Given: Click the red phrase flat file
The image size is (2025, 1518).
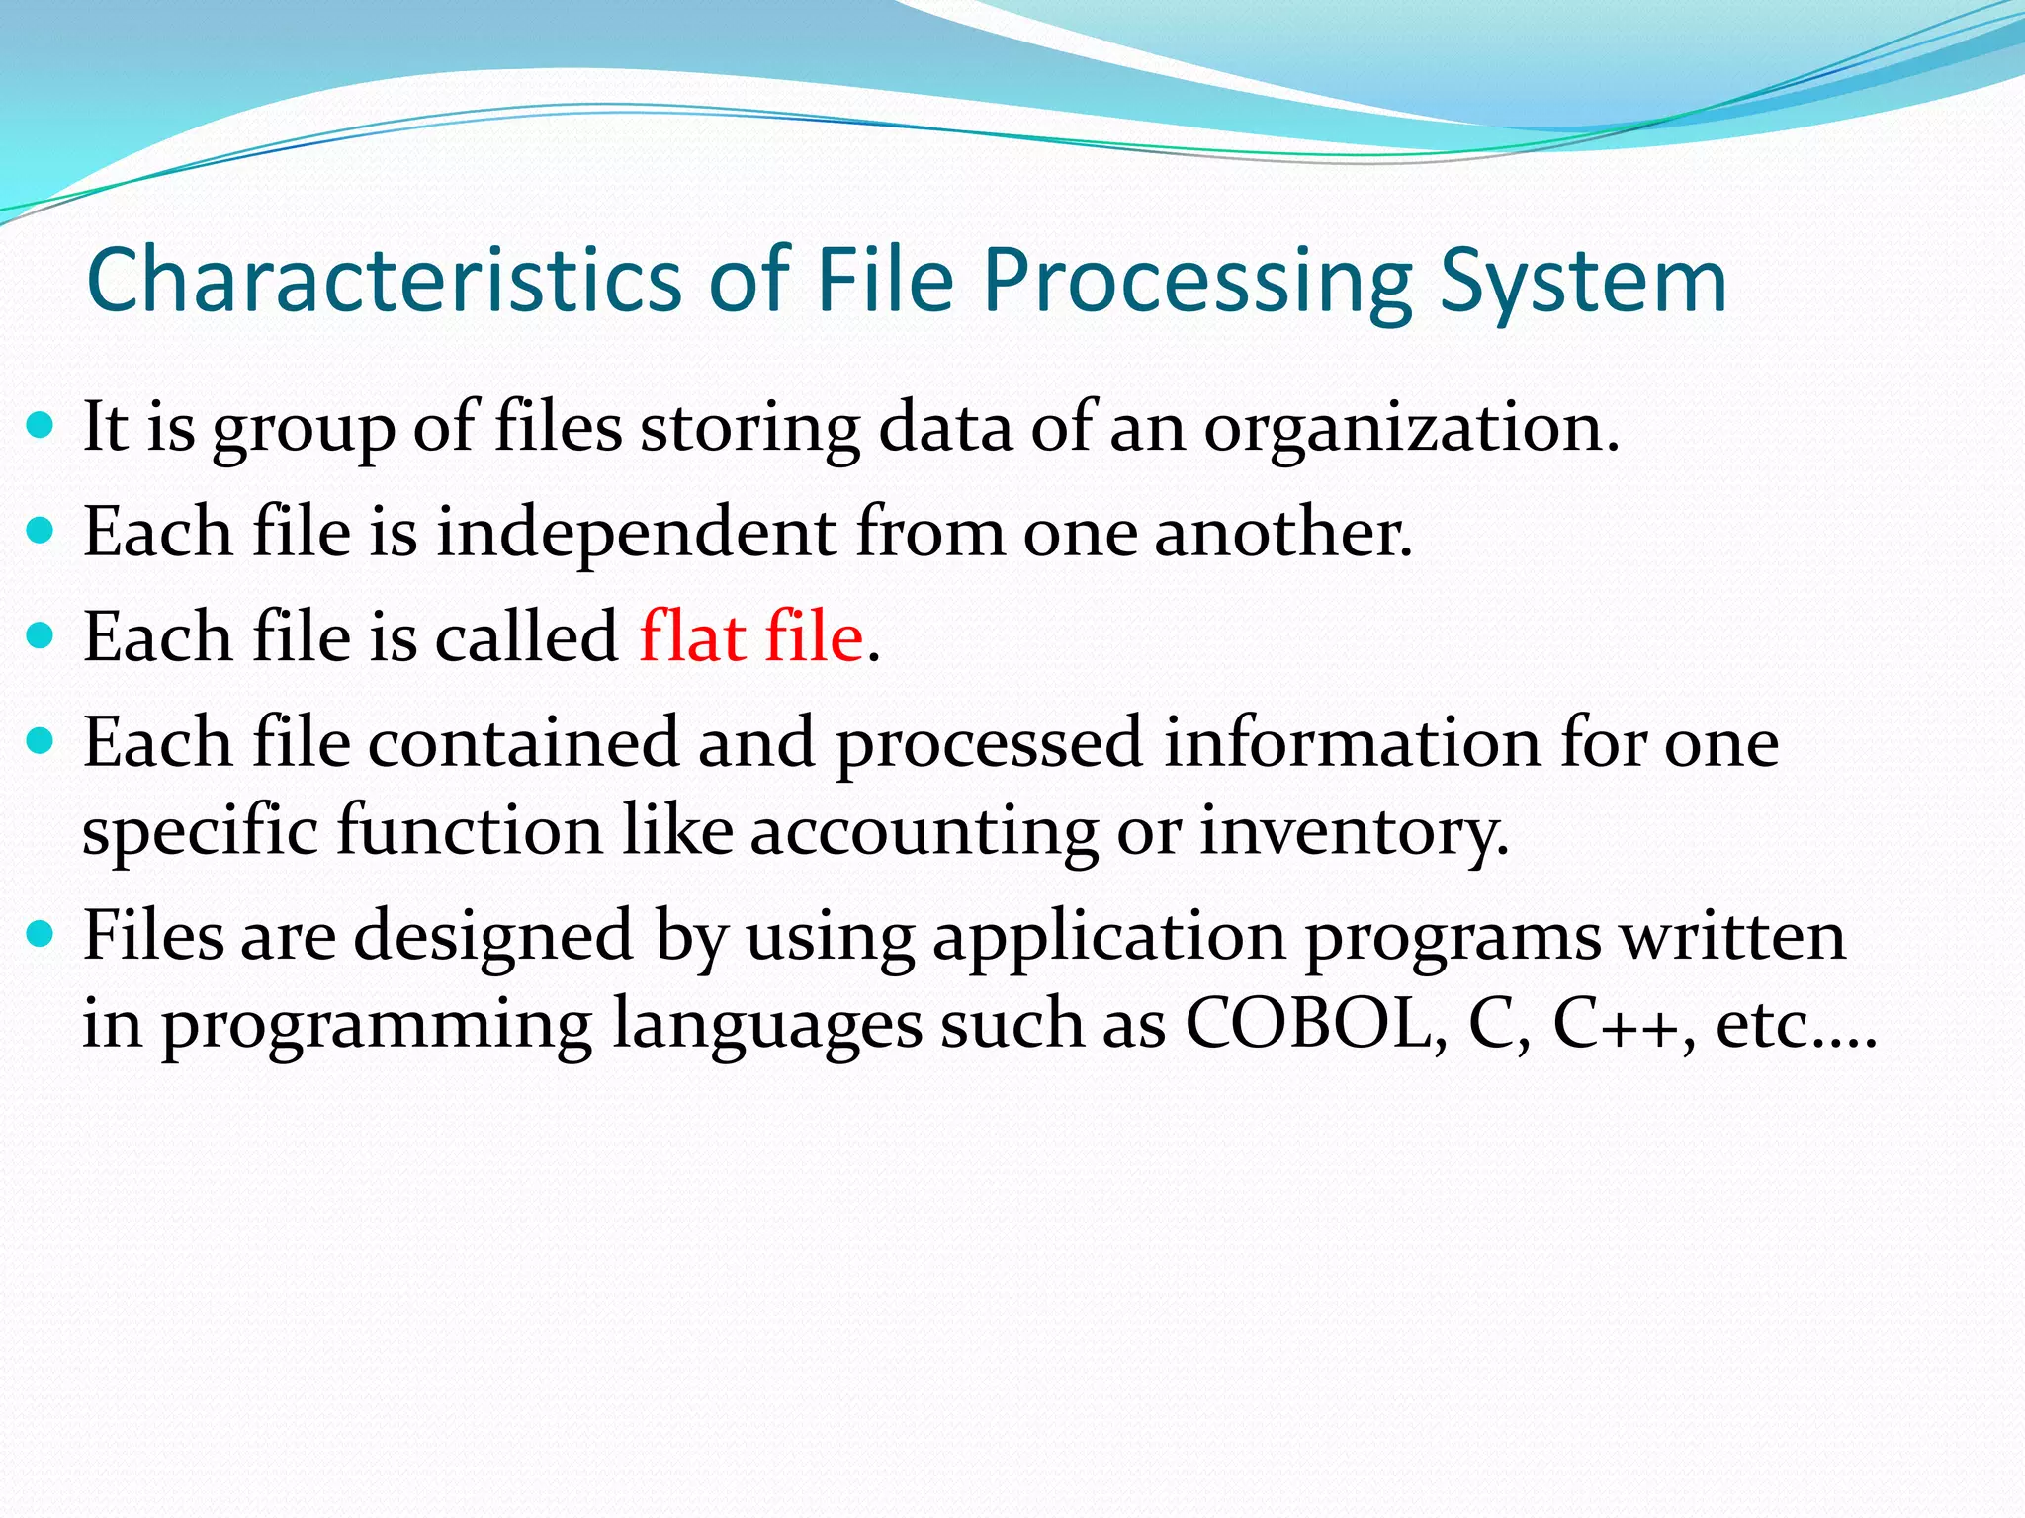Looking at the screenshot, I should click(x=751, y=636).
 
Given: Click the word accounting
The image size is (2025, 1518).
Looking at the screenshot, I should click(x=924, y=832).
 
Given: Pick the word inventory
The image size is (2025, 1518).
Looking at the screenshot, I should click(x=1355, y=832).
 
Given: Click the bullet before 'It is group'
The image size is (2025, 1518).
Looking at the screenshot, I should click(x=40, y=426).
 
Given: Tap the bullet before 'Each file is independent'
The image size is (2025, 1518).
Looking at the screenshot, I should click(x=40, y=532).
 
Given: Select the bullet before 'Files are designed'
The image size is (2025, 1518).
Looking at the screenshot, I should click(x=40, y=933).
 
